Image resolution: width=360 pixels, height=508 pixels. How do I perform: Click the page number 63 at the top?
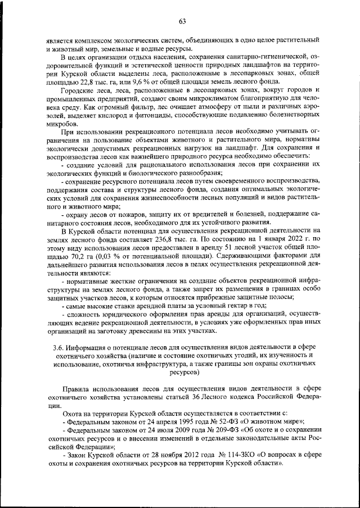click(x=182, y=21)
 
